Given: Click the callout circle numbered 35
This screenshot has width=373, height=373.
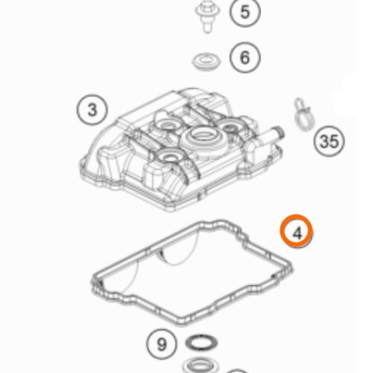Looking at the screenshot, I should pos(329,140).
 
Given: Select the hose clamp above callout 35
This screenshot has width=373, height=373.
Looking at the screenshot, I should pos(301,114).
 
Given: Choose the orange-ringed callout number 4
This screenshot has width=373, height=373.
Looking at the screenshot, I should pos(297,233).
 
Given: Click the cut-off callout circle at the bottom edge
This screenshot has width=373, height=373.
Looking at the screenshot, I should pos(236,370).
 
